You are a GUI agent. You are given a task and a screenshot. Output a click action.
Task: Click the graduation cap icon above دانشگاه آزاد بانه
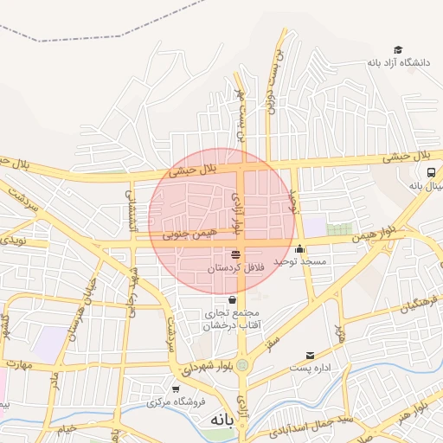pos(398,49)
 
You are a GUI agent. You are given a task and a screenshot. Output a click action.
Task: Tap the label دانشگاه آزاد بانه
pos(398,62)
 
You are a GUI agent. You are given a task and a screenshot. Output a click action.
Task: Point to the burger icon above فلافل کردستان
pos(236,254)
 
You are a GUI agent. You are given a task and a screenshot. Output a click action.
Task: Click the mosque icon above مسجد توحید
pos(300,248)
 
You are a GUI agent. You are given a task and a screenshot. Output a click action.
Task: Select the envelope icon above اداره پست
pos(311,355)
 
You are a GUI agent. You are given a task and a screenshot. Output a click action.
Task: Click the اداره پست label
pos(311,367)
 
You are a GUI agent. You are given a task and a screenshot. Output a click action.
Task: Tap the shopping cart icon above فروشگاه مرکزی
pos(177,389)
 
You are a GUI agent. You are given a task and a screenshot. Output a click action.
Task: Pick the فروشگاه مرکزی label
pos(176,402)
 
